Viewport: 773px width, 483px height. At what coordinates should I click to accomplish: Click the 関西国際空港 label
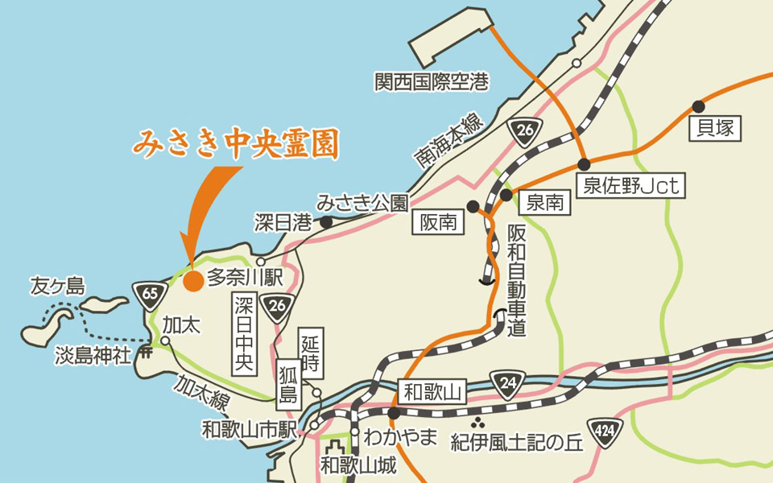[x=432, y=81]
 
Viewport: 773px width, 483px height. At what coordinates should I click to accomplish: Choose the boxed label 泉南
[x=544, y=202]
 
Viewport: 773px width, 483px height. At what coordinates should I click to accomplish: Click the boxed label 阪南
[x=439, y=221]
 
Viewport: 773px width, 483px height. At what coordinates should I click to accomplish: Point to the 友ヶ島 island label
[x=57, y=286]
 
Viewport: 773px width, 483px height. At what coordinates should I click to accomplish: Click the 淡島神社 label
[x=93, y=355]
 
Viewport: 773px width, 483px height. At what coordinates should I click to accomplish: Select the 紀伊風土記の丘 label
[x=516, y=444]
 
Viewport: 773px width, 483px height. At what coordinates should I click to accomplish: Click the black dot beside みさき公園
[x=327, y=221]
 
